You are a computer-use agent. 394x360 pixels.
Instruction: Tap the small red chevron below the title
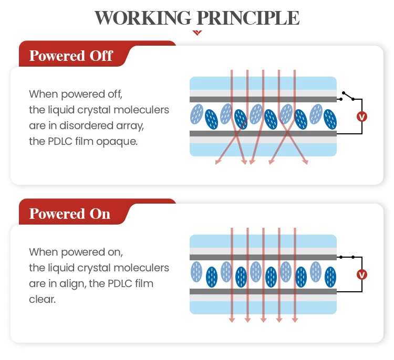[x=198, y=32]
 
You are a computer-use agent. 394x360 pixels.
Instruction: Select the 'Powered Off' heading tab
[x=71, y=56]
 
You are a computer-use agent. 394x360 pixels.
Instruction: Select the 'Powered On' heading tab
[x=70, y=214]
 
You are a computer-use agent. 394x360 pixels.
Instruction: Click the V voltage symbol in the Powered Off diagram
[x=361, y=117]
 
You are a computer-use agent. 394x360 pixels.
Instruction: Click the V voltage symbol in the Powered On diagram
[x=361, y=274]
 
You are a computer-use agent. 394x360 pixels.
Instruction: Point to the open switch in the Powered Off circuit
[x=348, y=96]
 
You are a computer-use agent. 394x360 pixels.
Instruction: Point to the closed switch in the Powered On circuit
[x=347, y=257]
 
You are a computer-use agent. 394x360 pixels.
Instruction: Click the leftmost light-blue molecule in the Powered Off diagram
[x=196, y=113]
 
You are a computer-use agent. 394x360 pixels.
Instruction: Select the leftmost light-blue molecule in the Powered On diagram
[x=196, y=271]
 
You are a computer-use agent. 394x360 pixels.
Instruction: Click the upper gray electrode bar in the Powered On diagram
[x=263, y=257]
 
